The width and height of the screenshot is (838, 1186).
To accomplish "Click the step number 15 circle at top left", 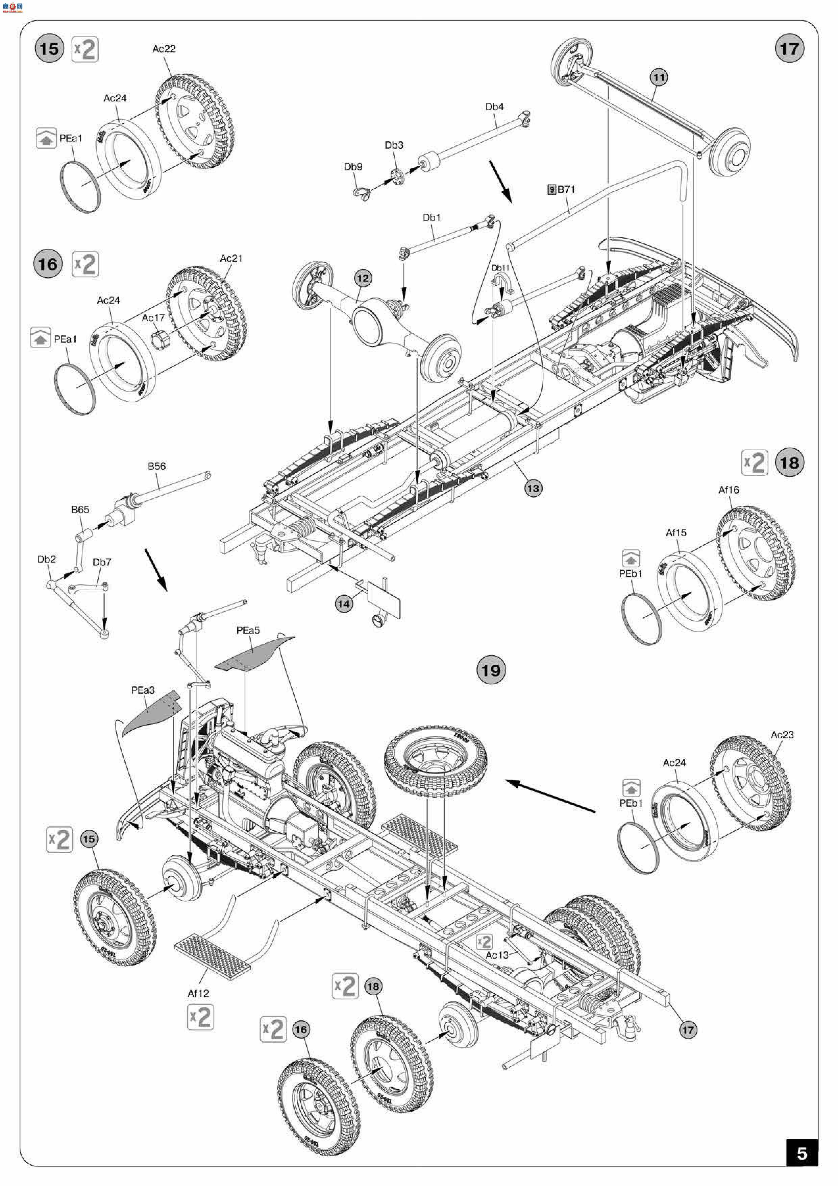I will coord(49,49).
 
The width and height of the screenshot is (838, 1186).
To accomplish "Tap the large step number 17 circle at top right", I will coord(789,49).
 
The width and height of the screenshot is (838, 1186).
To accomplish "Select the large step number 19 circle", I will coord(491,670).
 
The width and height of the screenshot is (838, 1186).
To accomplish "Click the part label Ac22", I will coord(164,49).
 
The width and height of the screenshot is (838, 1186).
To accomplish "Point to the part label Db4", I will coord(494,107).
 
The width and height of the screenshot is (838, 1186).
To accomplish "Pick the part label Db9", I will coord(353,167).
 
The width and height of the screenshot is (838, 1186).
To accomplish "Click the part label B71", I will coord(566,190).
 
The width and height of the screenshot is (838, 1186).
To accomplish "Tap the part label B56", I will coord(156,467).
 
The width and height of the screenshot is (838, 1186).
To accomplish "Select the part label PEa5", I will coord(248,631).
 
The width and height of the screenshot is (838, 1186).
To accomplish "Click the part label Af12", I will coord(198,993).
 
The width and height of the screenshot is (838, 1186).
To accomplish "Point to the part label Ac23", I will coord(782,735).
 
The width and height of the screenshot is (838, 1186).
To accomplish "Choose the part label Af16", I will coord(729,490).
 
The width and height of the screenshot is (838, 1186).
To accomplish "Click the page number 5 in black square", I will coord(802,1154).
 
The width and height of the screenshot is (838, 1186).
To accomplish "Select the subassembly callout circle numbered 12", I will coord(363,279).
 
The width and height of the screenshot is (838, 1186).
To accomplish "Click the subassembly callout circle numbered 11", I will coord(658,77).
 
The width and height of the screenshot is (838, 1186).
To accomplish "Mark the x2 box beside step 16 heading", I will coord(85,264).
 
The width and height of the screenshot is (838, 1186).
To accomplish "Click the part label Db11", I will coord(500,268).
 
